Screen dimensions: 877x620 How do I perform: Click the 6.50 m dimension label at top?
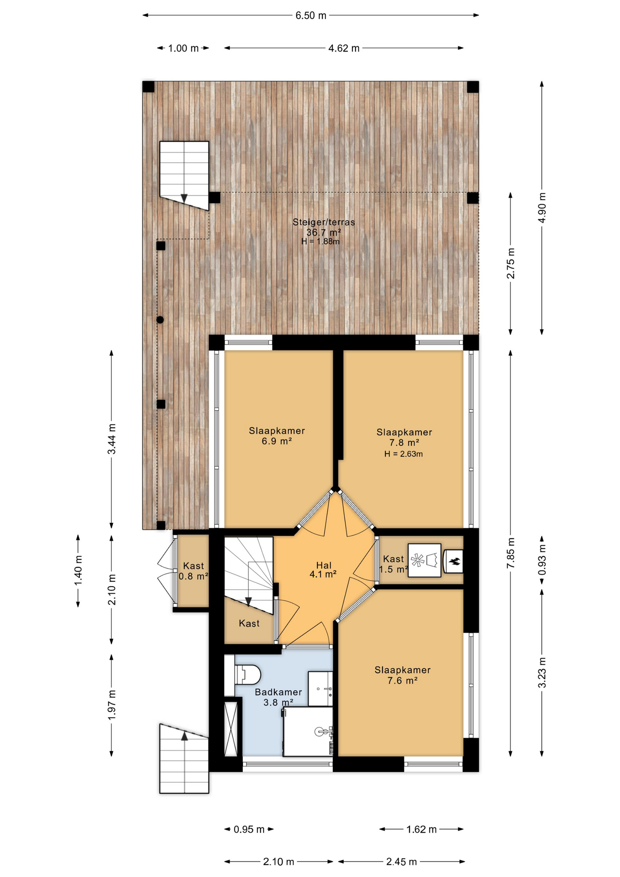[x=310, y=16]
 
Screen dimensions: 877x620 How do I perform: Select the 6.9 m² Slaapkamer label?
[x=277, y=436]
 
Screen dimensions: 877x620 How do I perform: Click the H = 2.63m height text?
[x=404, y=454]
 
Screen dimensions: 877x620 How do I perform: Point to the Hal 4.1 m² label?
[x=323, y=570]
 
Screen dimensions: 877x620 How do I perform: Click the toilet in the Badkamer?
[x=248, y=674]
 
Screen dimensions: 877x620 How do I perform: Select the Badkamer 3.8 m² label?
[x=278, y=697]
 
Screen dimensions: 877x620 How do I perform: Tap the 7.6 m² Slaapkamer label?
[x=402, y=675]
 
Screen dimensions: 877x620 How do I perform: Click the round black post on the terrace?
[x=160, y=320]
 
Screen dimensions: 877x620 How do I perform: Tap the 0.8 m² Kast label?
[x=193, y=571]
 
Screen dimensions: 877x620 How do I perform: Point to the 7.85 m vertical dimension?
[x=510, y=553]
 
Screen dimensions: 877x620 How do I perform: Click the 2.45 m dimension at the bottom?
[x=401, y=862]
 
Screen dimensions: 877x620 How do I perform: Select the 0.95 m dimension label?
[x=249, y=829]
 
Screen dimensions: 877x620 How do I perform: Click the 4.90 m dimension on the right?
[x=542, y=208]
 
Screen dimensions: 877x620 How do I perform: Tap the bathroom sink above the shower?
[x=320, y=689]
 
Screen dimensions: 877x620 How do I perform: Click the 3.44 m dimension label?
[x=111, y=439]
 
